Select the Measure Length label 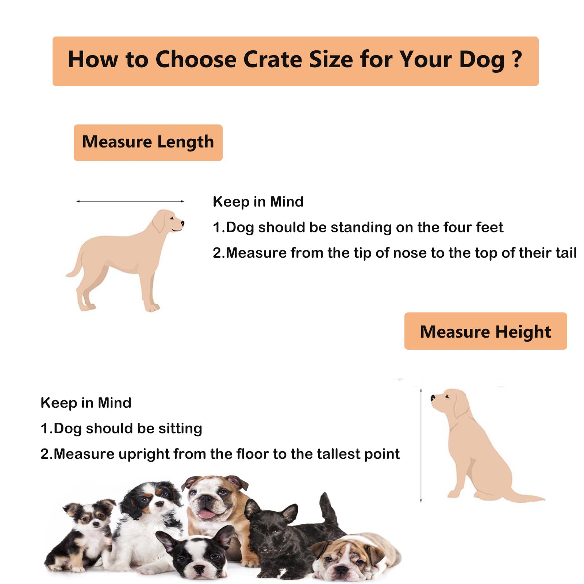click(x=148, y=142)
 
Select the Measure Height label click(x=485, y=331)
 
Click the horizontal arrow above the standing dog click(x=130, y=201)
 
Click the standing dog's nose click(x=182, y=223)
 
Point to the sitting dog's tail click(x=526, y=496)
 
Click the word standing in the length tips click(x=361, y=227)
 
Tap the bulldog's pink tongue click(x=207, y=514)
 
